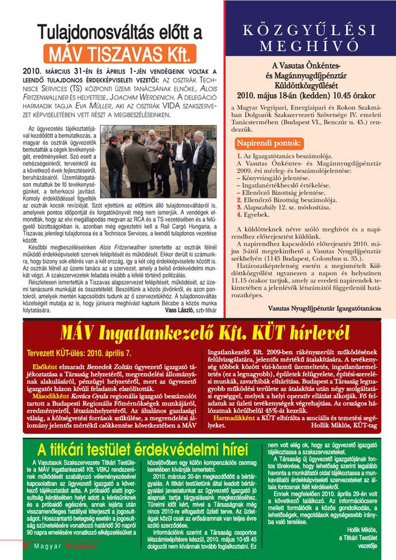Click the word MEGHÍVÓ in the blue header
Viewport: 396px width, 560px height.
coord(309,46)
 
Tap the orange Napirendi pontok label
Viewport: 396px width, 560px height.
coord(269,143)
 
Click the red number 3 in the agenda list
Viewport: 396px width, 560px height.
coord(239,207)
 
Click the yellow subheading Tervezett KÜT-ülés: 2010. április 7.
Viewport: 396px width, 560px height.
coord(79,353)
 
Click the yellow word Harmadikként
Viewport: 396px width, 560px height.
coord(234,418)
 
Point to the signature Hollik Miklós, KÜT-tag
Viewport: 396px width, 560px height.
coord(344,425)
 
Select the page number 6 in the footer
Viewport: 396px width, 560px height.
coord(26,546)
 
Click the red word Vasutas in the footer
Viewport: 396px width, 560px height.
coord(81,546)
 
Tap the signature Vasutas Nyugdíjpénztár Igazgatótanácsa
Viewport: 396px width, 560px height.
coord(324,308)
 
